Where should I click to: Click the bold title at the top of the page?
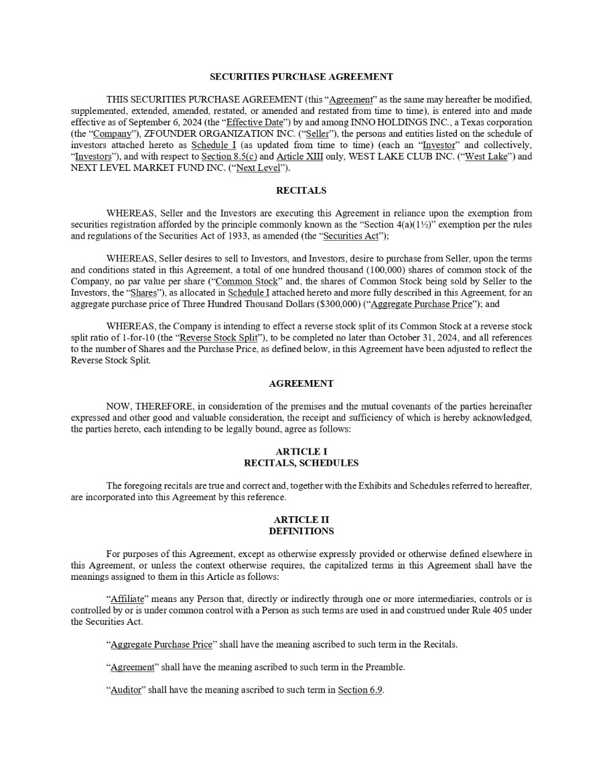click(x=301, y=77)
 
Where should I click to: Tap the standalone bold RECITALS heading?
click(x=301, y=191)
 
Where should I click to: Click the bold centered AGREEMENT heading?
click(x=301, y=383)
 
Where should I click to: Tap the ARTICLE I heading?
click(x=301, y=451)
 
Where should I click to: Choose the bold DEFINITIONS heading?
click(x=301, y=531)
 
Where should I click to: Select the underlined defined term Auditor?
click(x=125, y=689)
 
